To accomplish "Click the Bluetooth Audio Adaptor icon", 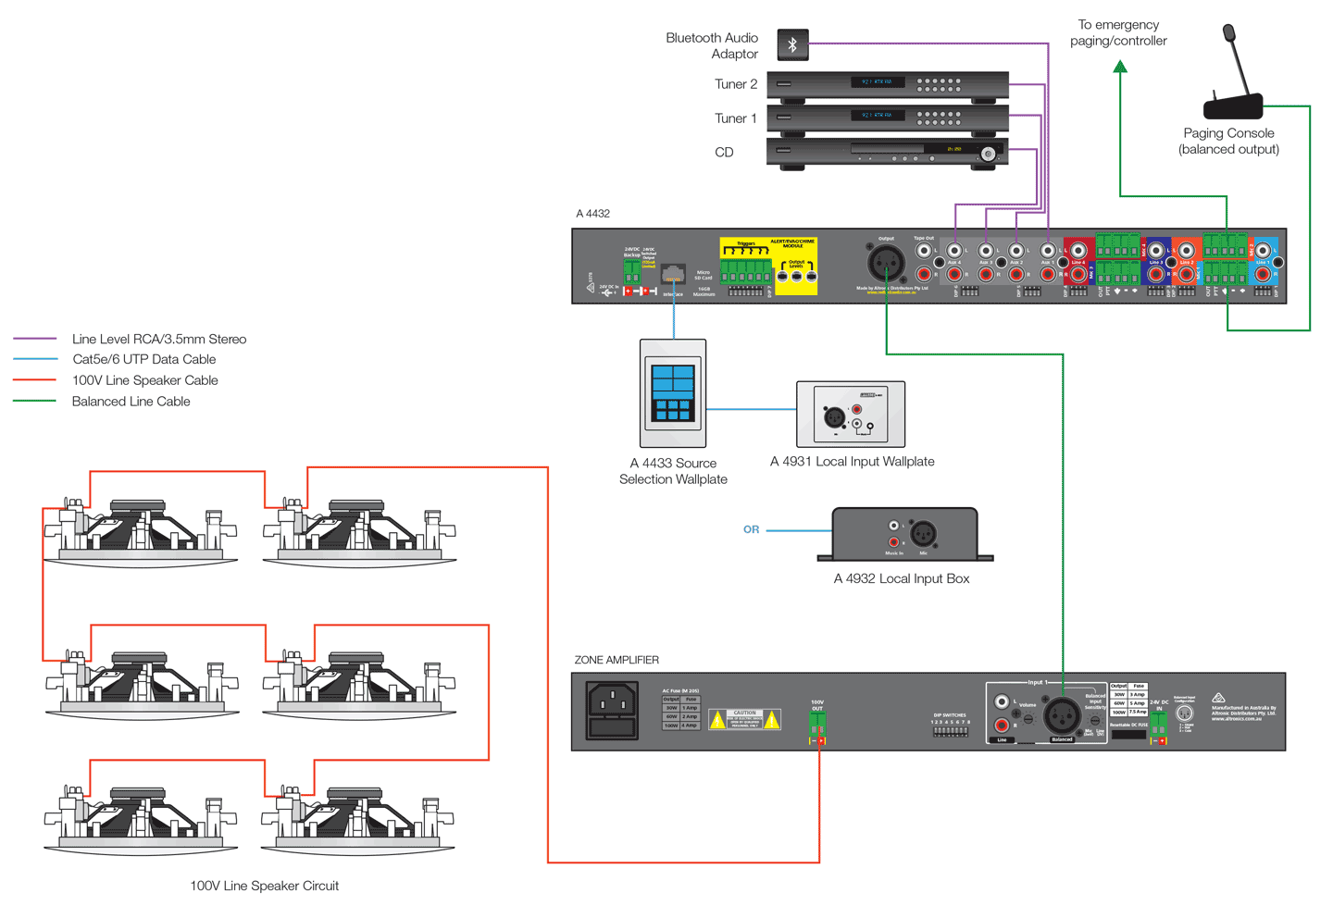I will click(792, 45).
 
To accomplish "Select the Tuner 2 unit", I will click(887, 84).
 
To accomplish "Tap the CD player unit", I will click(887, 152).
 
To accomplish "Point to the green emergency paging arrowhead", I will click(1120, 67).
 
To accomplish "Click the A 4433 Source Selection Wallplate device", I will click(673, 393).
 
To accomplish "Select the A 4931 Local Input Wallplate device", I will click(851, 415).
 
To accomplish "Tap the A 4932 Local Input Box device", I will click(904, 534).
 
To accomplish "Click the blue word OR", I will click(751, 530).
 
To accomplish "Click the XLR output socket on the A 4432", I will click(886, 263).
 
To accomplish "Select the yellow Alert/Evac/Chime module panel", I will click(768, 267).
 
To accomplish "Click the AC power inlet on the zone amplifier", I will click(612, 710).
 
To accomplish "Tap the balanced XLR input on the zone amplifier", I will click(1062, 714).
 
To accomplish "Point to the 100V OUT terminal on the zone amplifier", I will click(817, 727).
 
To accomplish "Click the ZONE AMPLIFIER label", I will click(617, 660).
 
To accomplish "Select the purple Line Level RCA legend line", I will click(35, 339).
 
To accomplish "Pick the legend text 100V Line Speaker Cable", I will click(145, 380).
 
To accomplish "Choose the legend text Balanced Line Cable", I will click(131, 402).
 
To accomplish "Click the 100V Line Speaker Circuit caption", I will click(264, 886).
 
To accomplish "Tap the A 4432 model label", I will click(592, 214).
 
